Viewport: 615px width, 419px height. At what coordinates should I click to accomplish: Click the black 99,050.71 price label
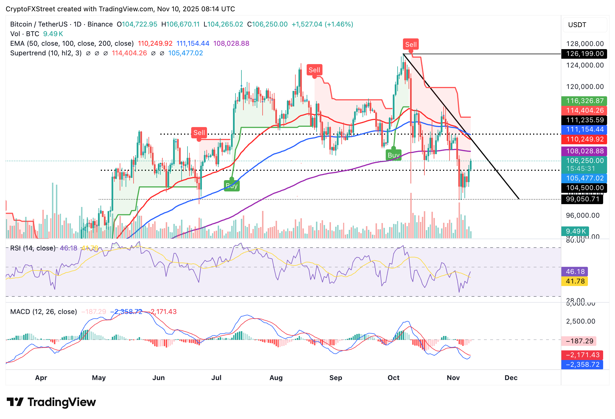tap(582, 199)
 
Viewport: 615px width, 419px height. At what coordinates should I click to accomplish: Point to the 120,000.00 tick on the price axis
tap(585, 87)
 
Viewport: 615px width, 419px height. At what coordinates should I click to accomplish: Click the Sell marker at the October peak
tap(411, 45)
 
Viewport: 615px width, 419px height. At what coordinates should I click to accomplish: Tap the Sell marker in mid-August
tap(314, 70)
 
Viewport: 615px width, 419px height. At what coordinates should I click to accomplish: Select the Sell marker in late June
tap(199, 133)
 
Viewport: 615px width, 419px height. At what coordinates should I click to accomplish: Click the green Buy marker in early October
tap(393, 155)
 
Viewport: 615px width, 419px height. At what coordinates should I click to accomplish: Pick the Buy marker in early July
tap(232, 186)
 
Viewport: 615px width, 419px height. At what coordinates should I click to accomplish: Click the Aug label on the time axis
tap(276, 378)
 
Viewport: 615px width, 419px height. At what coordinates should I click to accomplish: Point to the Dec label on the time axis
tap(511, 378)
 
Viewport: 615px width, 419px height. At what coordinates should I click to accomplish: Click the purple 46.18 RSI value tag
tap(575, 272)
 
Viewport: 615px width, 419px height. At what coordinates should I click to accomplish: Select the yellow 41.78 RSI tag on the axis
tap(575, 281)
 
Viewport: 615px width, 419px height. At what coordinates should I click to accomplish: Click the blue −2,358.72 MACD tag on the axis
tap(582, 365)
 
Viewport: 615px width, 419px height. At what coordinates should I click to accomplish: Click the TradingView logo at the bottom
tap(51, 402)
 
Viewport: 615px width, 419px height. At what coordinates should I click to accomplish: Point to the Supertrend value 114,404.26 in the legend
tap(129, 53)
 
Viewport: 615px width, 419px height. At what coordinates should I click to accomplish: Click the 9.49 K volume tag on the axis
tap(575, 231)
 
